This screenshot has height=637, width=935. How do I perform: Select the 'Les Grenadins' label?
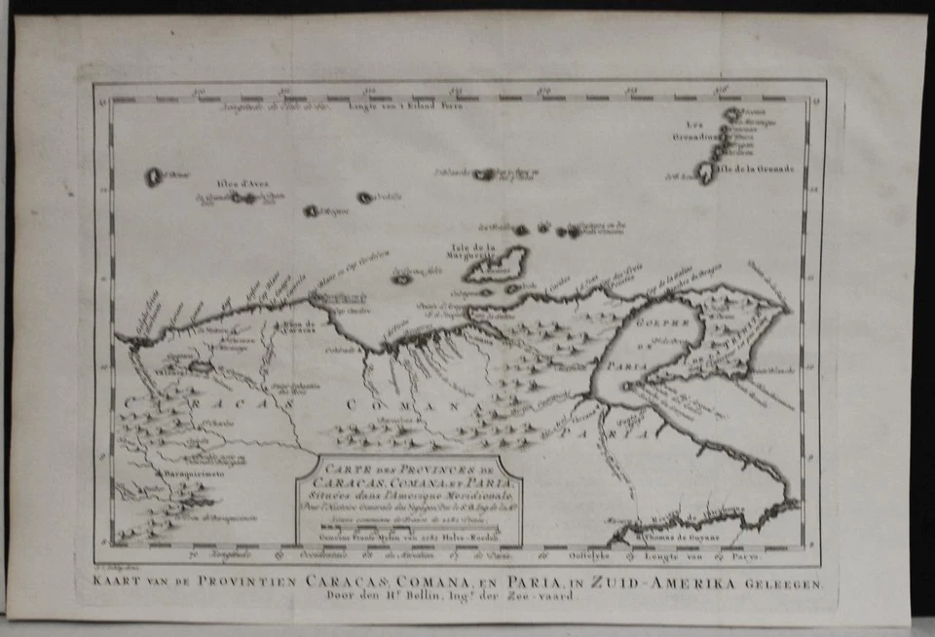(692, 131)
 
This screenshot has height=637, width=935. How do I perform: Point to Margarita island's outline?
(497, 264)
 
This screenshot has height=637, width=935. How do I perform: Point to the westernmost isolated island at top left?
(153, 177)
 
